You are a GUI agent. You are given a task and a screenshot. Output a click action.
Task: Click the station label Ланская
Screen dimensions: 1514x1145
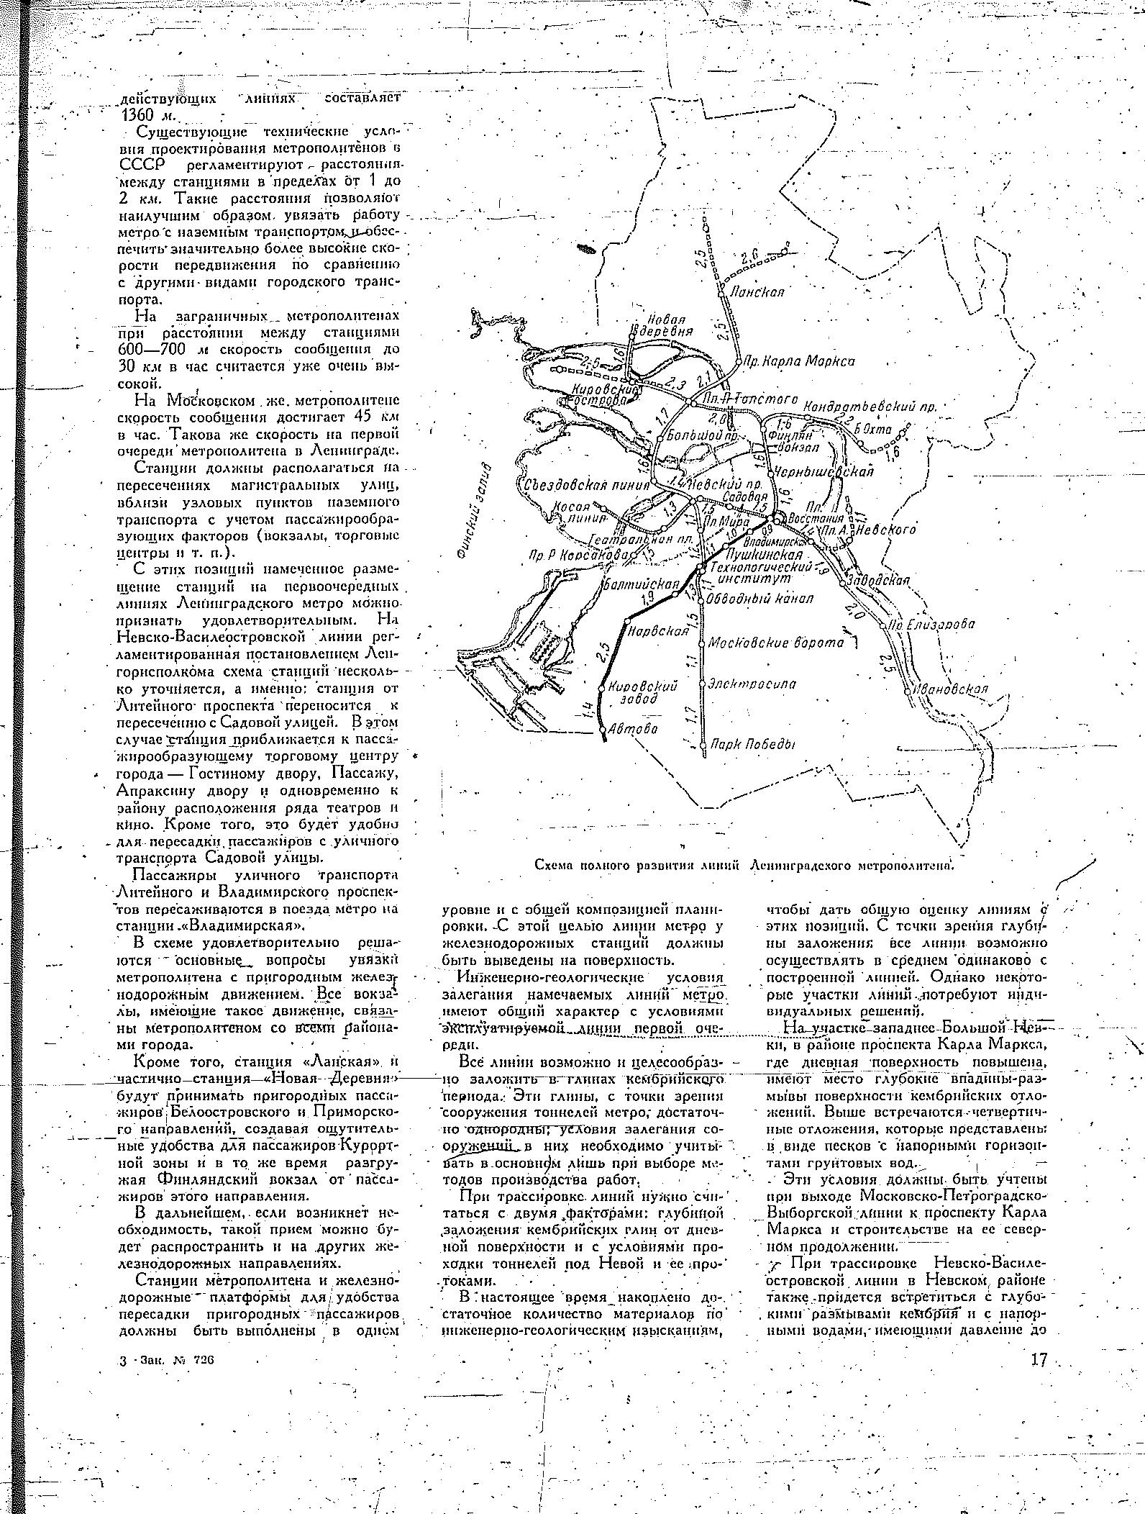(x=756, y=292)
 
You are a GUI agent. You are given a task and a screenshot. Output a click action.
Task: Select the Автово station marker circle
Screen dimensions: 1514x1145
(x=603, y=730)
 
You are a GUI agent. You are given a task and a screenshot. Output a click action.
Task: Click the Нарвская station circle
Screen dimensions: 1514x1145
(x=626, y=620)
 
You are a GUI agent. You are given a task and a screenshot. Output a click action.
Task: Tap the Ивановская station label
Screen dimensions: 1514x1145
(x=950, y=689)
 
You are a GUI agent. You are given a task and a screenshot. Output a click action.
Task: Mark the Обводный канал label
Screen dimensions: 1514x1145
(x=759, y=598)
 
